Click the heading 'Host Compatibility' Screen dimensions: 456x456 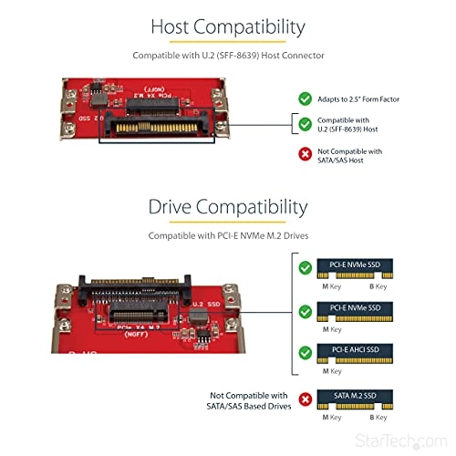point(227,26)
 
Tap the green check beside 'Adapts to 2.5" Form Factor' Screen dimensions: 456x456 point(306,97)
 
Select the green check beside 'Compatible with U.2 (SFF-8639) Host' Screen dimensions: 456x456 point(306,124)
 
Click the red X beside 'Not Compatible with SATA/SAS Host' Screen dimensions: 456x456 point(306,157)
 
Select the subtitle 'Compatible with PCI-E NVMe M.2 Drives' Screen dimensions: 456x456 point(227,236)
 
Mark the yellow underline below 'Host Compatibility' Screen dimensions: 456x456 point(227,43)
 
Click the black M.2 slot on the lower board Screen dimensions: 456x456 point(151,313)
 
